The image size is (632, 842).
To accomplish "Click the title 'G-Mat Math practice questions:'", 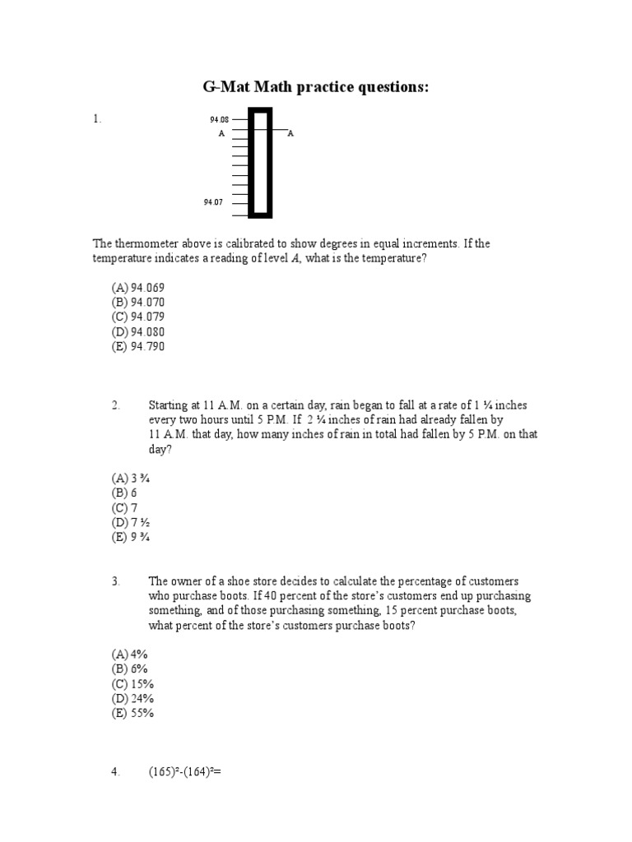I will [315, 87].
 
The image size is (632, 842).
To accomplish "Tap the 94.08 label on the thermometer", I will [219, 119].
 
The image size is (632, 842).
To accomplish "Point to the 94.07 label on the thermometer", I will [213, 201].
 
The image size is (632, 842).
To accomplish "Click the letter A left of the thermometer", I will [221, 132].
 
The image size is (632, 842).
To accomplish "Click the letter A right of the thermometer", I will [290, 132].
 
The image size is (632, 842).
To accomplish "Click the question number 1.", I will [97, 119].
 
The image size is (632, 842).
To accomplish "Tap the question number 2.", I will [116, 405].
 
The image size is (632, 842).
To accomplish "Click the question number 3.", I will [116, 581].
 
